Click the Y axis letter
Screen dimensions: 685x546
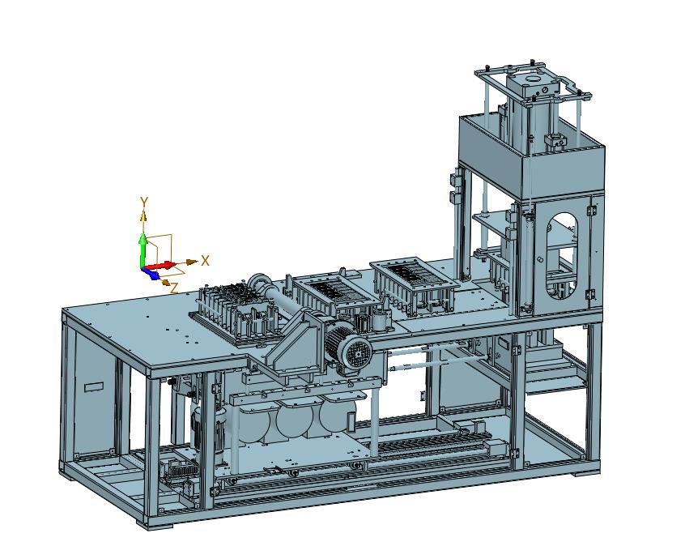click(x=144, y=202)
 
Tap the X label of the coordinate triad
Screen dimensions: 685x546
click(x=205, y=261)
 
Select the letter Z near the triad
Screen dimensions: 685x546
click(x=174, y=288)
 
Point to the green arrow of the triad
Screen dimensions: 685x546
click(x=143, y=250)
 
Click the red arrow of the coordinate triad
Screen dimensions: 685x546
click(x=160, y=266)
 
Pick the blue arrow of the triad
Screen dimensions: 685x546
click(x=151, y=273)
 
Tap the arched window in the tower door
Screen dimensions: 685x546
click(x=562, y=256)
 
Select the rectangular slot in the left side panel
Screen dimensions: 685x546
click(x=94, y=387)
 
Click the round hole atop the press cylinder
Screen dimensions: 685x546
click(x=533, y=79)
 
